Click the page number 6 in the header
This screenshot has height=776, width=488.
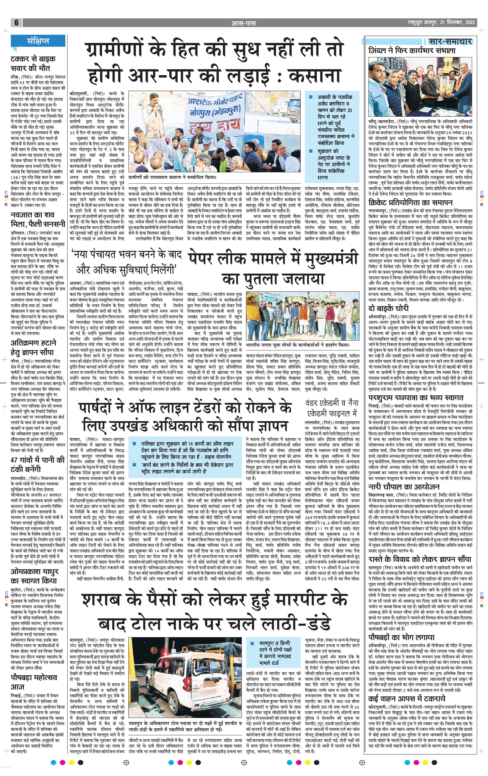pyautogui.click(x=16, y=23)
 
